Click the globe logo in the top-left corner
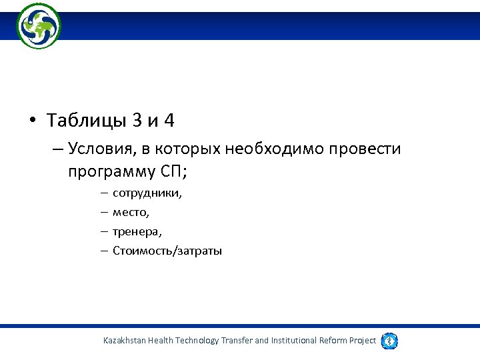pos(39,26)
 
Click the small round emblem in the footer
pos(389,341)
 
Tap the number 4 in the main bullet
pos(169,121)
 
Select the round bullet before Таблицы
pos(33,122)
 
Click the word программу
pos(111,172)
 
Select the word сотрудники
pos(147,193)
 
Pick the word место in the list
pos(131,213)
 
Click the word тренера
pos(137,232)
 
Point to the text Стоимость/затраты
pos(167,251)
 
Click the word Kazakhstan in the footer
pos(127,341)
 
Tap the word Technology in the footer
pos(197,341)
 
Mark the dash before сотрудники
pos(105,193)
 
